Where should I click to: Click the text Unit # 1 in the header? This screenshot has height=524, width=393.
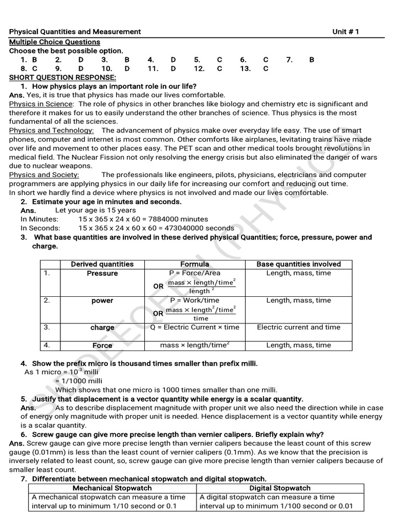click(x=345, y=32)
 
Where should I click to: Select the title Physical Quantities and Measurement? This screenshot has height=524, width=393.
click(x=75, y=32)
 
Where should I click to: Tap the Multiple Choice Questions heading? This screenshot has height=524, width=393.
click(x=55, y=42)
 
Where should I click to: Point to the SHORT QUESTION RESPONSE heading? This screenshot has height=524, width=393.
click(x=63, y=77)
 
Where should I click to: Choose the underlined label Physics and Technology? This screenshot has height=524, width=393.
click(x=51, y=130)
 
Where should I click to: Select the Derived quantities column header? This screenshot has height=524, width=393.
click(x=102, y=264)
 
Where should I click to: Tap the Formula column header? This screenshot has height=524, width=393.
click(x=194, y=264)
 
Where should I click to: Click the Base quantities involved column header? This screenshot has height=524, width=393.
click(x=298, y=264)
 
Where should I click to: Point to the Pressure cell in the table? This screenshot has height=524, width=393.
click(x=102, y=273)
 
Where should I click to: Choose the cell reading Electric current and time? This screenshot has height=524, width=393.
click(x=298, y=327)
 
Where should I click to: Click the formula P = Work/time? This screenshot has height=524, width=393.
click(x=194, y=300)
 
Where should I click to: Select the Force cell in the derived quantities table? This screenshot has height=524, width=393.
click(x=102, y=345)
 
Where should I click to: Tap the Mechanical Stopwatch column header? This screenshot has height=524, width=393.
click(x=112, y=488)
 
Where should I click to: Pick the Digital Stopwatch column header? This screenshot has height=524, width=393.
click(x=280, y=488)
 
